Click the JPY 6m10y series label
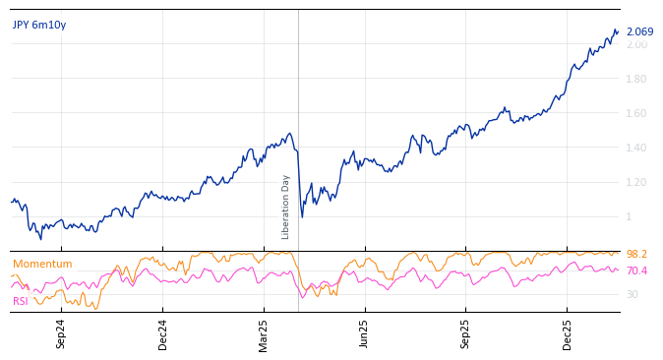coord(39,25)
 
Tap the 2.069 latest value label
coord(639,32)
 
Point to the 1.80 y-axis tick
coord(637,80)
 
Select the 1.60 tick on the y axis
coord(637,114)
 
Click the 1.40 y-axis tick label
coord(637,149)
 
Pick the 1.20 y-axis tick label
coord(637,183)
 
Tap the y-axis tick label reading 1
coord(631,217)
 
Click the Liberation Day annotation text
coord(286,207)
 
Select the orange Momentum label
coord(42,264)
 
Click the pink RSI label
coord(21,301)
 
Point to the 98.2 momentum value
coord(636,255)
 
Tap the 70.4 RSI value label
coord(636,271)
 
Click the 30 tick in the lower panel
coord(633,294)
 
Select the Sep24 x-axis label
coord(61,333)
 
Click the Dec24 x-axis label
coord(163,333)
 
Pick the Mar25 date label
coord(264,333)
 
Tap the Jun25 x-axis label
coord(364,333)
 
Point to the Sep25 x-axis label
coord(465,333)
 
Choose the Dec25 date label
coord(567,333)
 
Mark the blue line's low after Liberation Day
coord(302,216)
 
